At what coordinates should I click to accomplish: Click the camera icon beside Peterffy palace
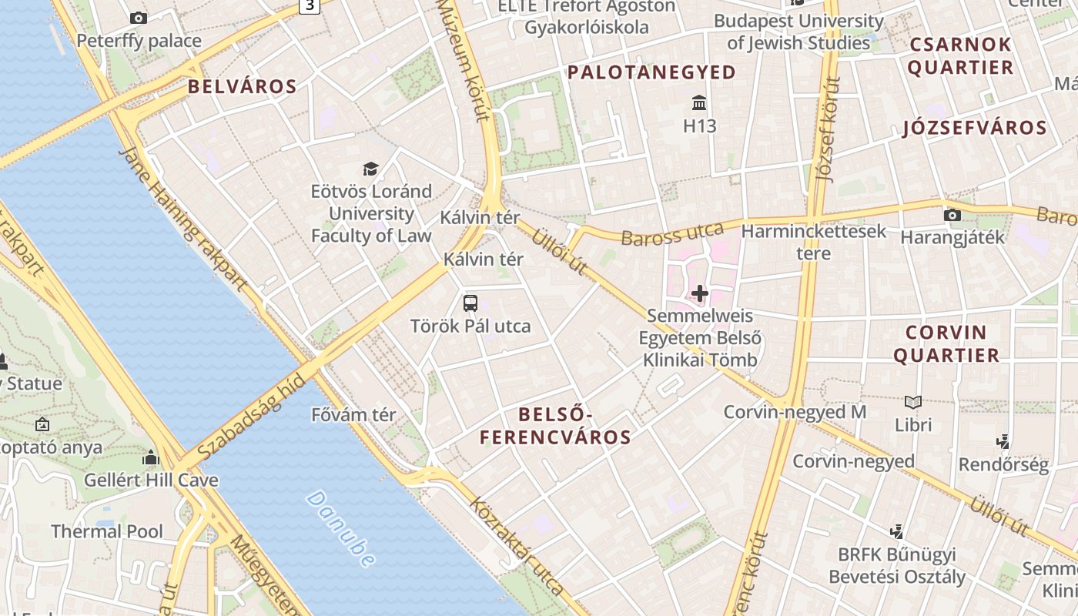tap(139, 18)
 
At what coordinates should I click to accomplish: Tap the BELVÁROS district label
tap(243, 87)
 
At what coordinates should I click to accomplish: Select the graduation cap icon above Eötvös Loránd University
tap(371, 169)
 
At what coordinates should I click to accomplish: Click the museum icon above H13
tap(699, 103)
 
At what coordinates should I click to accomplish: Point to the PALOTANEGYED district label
tap(651, 72)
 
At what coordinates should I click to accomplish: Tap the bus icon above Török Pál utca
tap(470, 303)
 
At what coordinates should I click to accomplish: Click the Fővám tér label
tap(353, 414)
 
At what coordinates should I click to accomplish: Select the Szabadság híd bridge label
tap(251, 420)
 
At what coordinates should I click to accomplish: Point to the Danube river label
tap(341, 529)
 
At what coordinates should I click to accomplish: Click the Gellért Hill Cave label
tap(151, 480)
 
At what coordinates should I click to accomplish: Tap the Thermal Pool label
tap(107, 531)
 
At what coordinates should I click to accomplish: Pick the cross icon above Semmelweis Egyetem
tap(699, 293)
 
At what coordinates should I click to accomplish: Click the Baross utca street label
tap(672, 234)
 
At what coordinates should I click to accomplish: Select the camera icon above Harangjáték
tap(952, 215)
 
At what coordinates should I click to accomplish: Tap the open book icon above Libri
tap(913, 402)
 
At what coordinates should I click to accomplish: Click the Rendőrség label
tap(1003, 465)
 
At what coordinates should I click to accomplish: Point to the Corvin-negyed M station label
tap(795, 412)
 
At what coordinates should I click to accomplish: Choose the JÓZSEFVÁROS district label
tap(975, 128)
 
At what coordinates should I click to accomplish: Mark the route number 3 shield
tap(310, 5)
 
